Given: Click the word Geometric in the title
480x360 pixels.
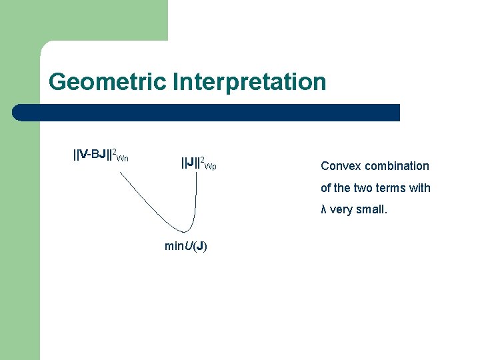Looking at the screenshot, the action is [x=107, y=83].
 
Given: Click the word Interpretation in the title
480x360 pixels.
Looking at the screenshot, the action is [x=249, y=83].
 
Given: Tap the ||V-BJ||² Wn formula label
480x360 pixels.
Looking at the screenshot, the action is [x=101, y=156].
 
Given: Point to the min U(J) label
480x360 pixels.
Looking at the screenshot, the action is [x=185, y=246].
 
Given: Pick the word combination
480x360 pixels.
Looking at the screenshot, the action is [x=396, y=166].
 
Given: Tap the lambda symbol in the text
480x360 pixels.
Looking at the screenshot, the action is [x=323, y=210].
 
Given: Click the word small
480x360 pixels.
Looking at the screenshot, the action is [x=371, y=210].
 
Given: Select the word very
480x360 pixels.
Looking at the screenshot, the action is [x=341, y=210].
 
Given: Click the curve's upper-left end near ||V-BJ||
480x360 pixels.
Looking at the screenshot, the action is [x=120, y=173].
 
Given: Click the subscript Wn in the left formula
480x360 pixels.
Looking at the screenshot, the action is [x=123, y=159].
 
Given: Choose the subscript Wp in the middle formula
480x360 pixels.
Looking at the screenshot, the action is [x=211, y=165].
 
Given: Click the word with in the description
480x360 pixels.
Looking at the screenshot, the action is [x=420, y=188].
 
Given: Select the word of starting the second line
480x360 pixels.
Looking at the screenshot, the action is [x=325, y=188].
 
